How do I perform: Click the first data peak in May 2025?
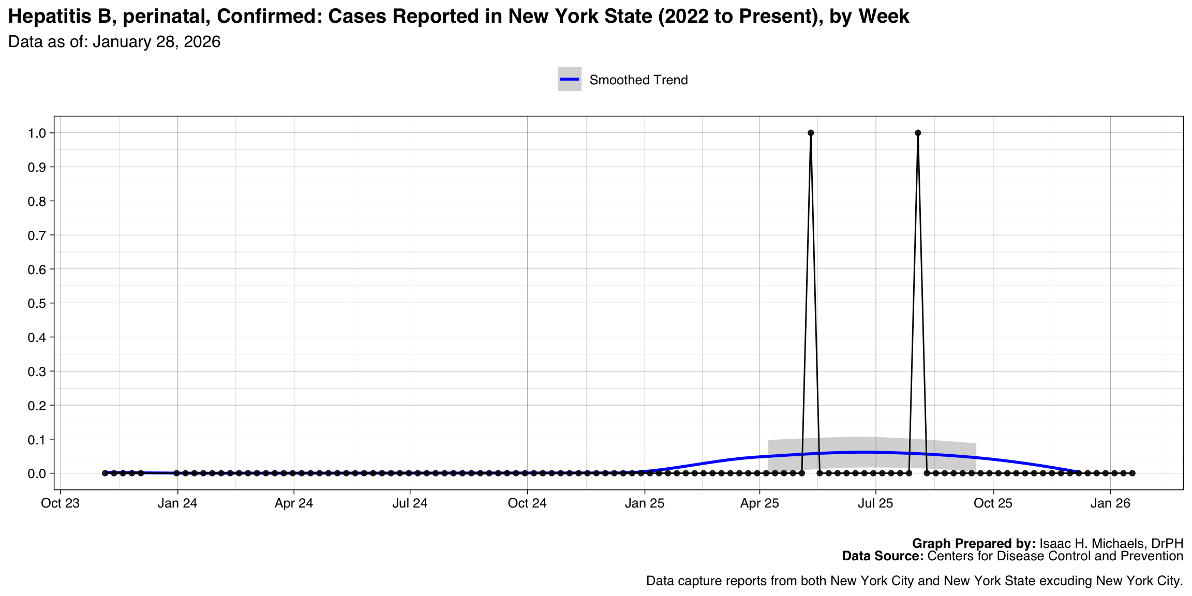(x=811, y=133)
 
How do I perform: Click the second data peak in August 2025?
(x=918, y=133)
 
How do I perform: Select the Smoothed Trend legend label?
(x=638, y=80)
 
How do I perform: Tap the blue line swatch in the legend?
(x=569, y=79)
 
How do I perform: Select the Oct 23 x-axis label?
(x=61, y=503)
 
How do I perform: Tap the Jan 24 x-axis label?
(x=177, y=503)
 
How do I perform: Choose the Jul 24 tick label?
(x=410, y=503)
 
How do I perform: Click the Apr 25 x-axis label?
(x=759, y=503)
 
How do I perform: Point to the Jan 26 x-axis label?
(x=1110, y=503)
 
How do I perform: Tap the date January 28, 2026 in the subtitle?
(x=157, y=42)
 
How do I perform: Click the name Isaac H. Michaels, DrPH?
(x=1111, y=543)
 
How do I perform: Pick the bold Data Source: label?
(x=883, y=556)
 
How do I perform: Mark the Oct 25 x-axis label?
(x=993, y=503)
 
